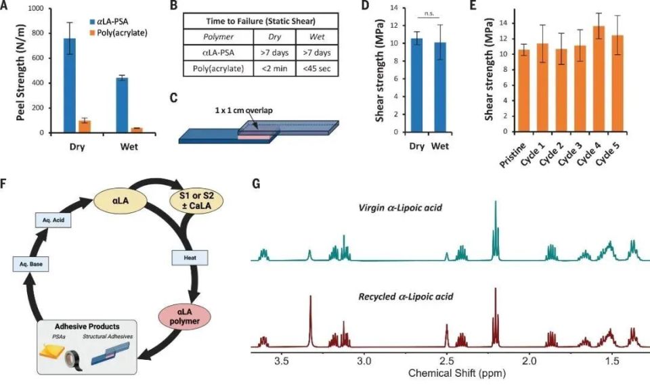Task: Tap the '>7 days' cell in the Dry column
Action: (x=273, y=53)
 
